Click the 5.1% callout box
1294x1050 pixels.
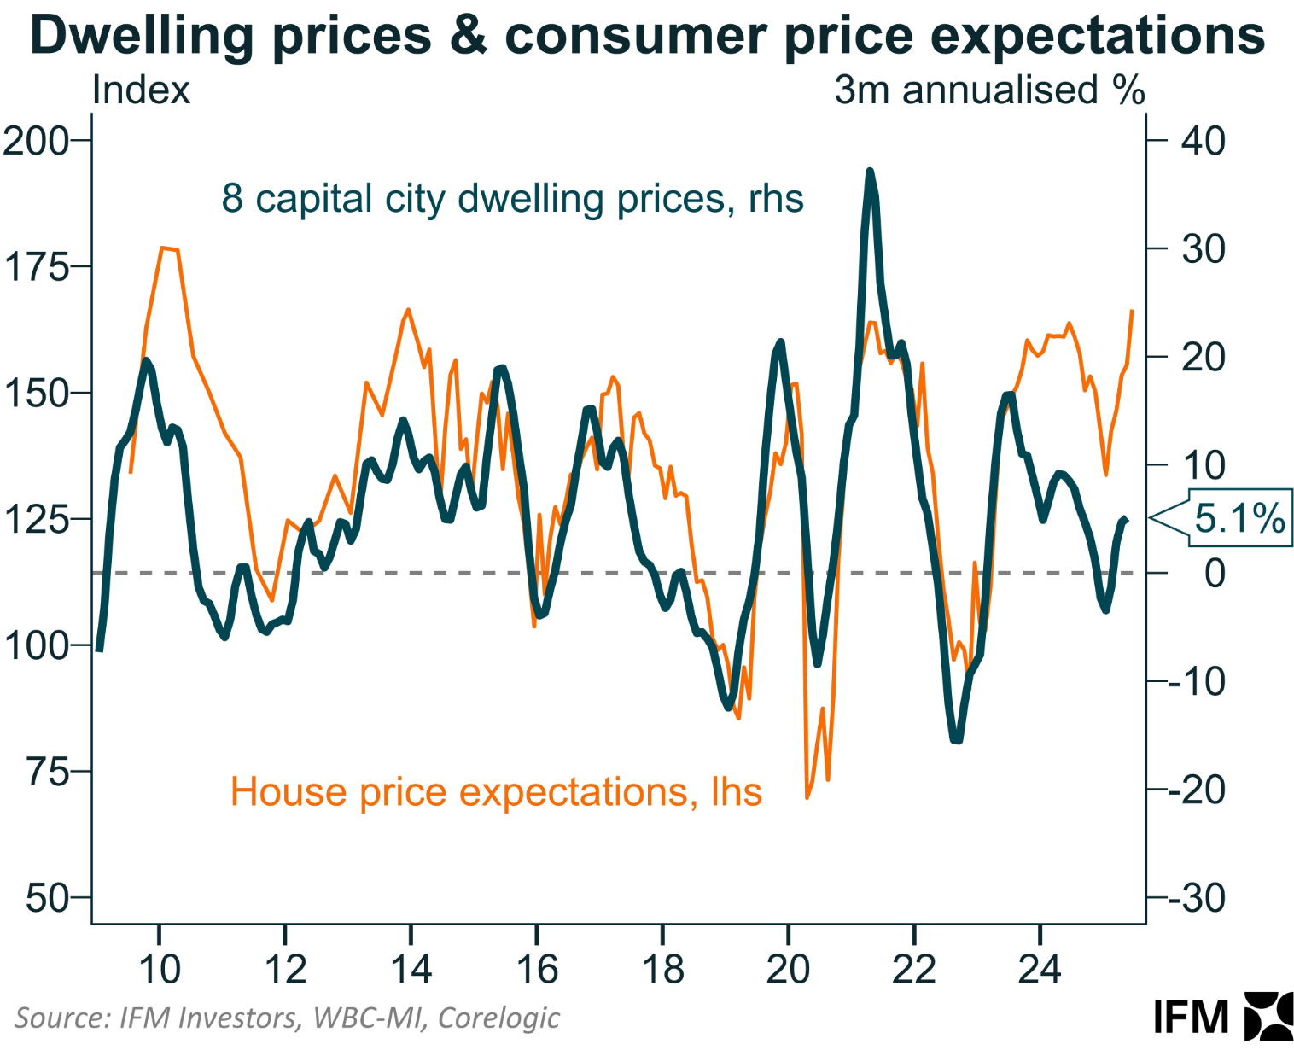1238,518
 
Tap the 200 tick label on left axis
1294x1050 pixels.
36,140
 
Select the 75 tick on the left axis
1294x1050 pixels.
48,772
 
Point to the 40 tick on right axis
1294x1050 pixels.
1203,140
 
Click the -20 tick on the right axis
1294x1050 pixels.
1196,790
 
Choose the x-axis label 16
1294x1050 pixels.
537,969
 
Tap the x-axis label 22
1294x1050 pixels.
914,969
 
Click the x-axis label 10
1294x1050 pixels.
159,969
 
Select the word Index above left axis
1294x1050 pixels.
141,90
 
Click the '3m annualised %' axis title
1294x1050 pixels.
989,90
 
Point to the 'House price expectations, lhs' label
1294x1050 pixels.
496,792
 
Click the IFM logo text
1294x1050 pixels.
1191,1018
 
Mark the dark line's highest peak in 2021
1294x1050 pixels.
870,172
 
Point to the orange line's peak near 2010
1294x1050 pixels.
162,248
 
